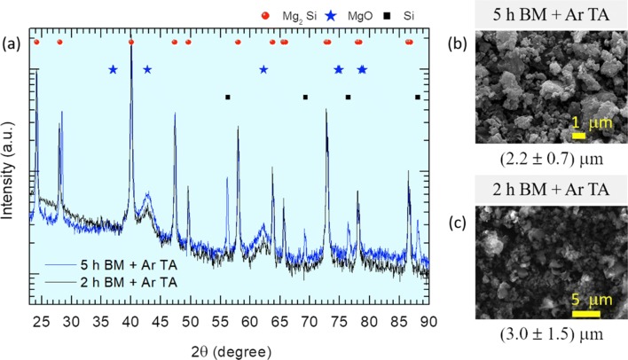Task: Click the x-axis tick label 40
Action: (130, 319)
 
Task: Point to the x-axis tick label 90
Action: (428, 319)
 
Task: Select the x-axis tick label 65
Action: (279, 319)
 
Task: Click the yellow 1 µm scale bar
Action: (577, 136)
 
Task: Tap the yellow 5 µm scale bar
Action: (586, 311)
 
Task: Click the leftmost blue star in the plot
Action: (113, 69)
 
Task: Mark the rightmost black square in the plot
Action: (418, 97)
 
